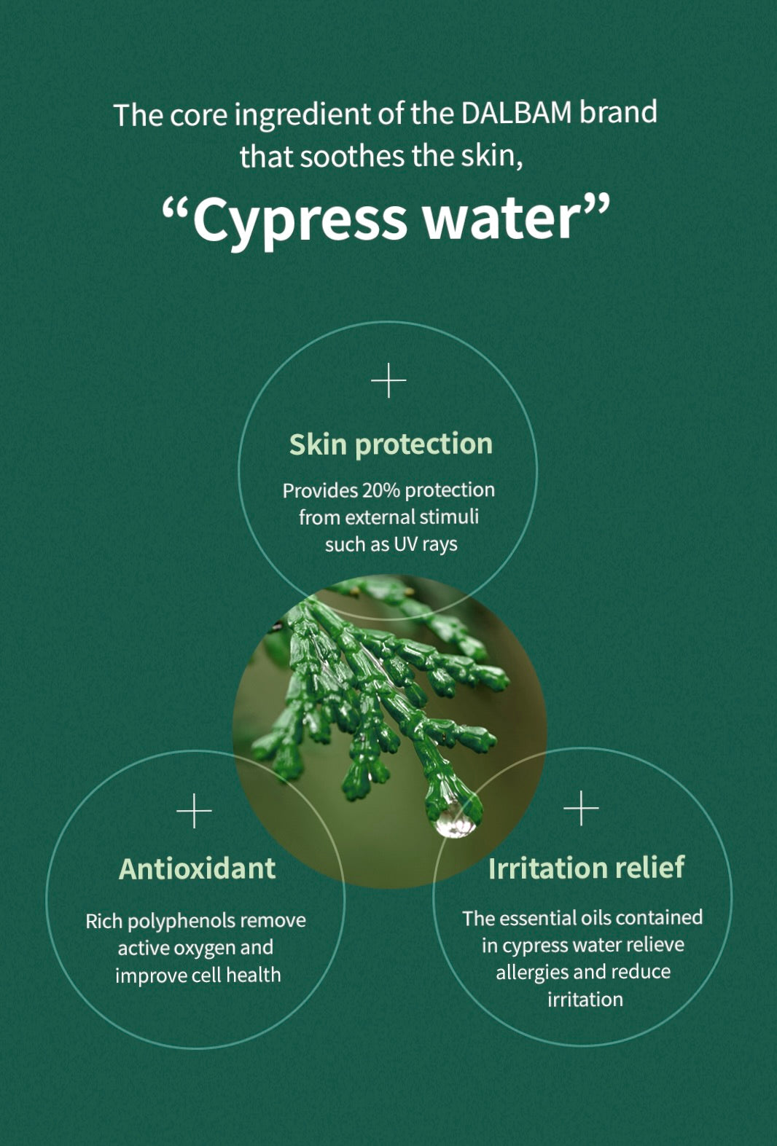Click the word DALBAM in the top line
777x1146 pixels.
pyautogui.click(x=516, y=113)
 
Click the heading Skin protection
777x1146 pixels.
pyautogui.click(x=391, y=444)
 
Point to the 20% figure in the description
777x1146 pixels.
pyautogui.click(x=380, y=490)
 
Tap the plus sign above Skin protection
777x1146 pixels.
pyautogui.click(x=388, y=380)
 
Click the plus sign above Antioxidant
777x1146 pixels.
pyautogui.click(x=194, y=811)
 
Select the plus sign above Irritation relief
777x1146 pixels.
pyautogui.click(x=581, y=809)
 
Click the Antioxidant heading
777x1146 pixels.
pyautogui.click(x=197, y=868)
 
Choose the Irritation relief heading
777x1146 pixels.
pyautogui.click(x=586, y=868)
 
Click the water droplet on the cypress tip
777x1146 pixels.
pyautogui.click(x=455, y=820)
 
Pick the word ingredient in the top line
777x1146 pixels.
pyautogui.click(x=302, y=114)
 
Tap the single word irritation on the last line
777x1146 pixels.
pyautogui.click(x=585, y=999)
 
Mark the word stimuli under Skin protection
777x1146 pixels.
pyautogui.click(x=449, y=517)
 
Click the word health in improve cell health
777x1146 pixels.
pyautogui.click(x=254, y=975)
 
